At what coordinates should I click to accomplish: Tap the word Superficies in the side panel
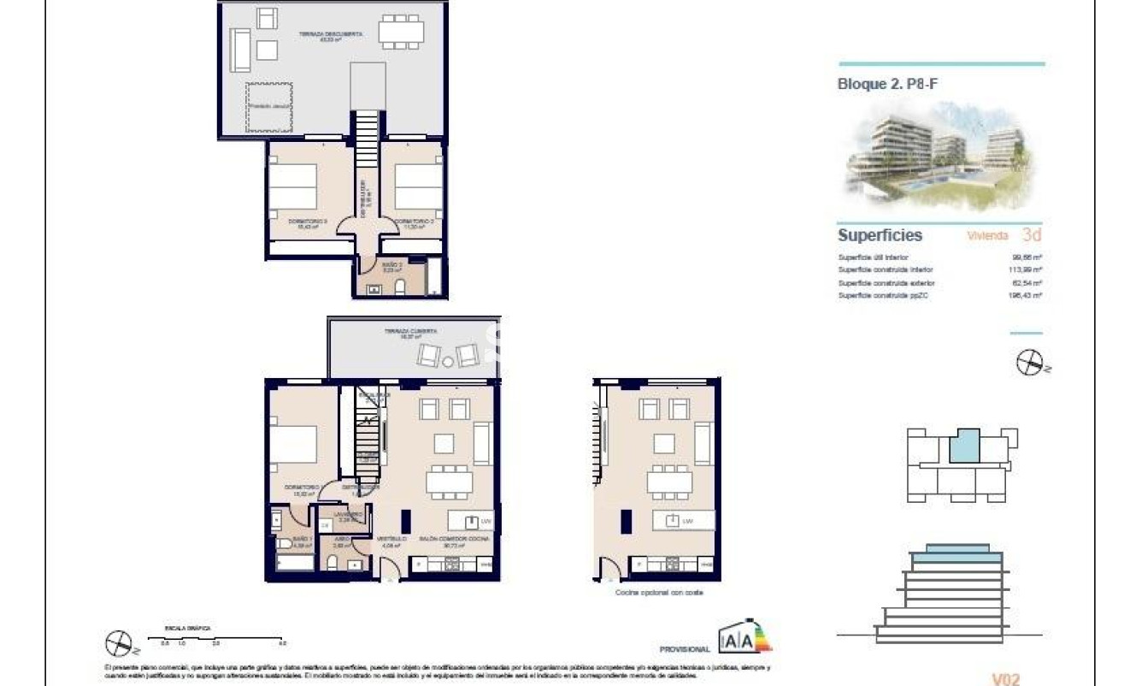point(880,235)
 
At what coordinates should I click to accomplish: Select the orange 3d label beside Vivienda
point(1032,235)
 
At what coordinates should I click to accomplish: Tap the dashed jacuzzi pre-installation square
point(270,107)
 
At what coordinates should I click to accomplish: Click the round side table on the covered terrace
point(449,362)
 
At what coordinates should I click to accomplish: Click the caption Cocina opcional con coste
point(659,592)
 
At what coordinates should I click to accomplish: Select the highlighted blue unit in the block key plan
point(965,446)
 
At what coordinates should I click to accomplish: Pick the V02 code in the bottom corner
point(1006,679)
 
